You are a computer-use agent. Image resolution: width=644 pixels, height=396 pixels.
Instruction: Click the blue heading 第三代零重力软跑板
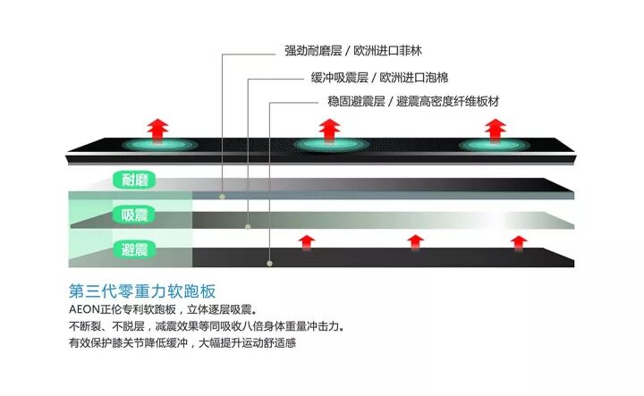tap(142, 291)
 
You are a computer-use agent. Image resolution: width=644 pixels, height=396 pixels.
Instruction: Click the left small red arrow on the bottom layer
tap(306, 241)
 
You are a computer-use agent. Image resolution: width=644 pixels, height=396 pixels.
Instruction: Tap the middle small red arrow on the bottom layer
tap(414, 241)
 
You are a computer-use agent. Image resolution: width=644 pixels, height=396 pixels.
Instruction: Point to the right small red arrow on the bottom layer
tap(518, 241)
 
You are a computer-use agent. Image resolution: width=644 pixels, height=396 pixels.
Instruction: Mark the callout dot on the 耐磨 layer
tap(223, 194)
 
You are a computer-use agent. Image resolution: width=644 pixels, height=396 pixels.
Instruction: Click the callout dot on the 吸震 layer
tap(248, 229)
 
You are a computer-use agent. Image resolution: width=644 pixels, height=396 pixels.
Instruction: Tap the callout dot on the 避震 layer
tap(269, 263)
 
